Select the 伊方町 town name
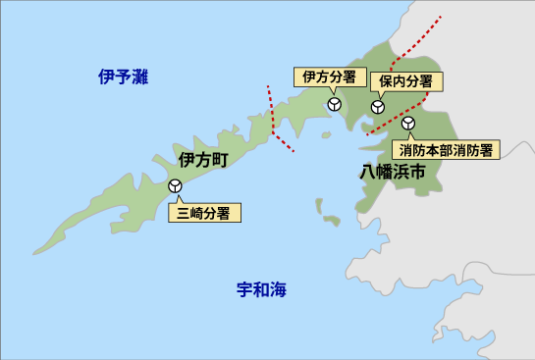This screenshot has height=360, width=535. [x=203, y=159]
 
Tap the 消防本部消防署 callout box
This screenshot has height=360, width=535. [x=447, y=150]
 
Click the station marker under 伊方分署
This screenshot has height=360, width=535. [x=334, y=103]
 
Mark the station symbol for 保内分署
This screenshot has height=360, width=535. [x=377, y=108]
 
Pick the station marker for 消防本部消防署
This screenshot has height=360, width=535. [x=408, y=124]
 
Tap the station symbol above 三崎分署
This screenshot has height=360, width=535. [x=176, y=185]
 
